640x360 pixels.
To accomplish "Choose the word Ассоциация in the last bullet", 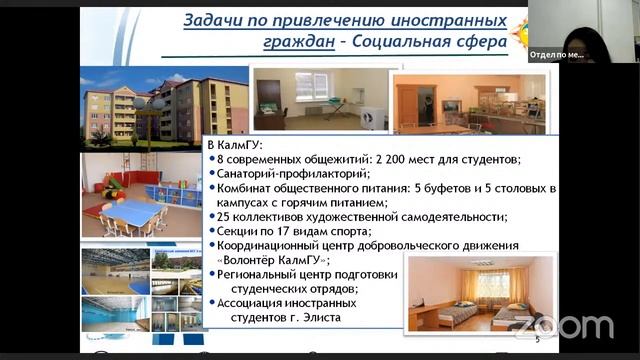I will [257, 303].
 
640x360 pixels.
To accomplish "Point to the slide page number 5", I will [536, 341].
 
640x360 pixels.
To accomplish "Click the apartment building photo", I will [164, 109].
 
